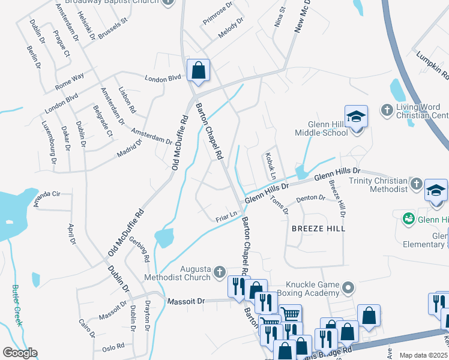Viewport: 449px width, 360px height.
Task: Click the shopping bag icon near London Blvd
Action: click(x=197, y=70)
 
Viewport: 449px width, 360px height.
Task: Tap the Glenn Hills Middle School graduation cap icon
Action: click(x=356, y=116)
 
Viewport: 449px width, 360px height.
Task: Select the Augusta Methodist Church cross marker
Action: click(x=220, y=272)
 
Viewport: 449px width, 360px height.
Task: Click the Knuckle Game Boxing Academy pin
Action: click(x=348, y=289)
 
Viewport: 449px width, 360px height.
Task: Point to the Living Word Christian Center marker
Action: click(x=387, y=109)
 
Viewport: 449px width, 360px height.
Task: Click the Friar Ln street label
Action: click(x=227, y=215)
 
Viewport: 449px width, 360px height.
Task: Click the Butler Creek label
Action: click(x=17, y=305)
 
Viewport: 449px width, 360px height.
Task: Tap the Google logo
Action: click(x=19, y=353)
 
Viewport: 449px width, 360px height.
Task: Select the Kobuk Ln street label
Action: click(x=268, y=166)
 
